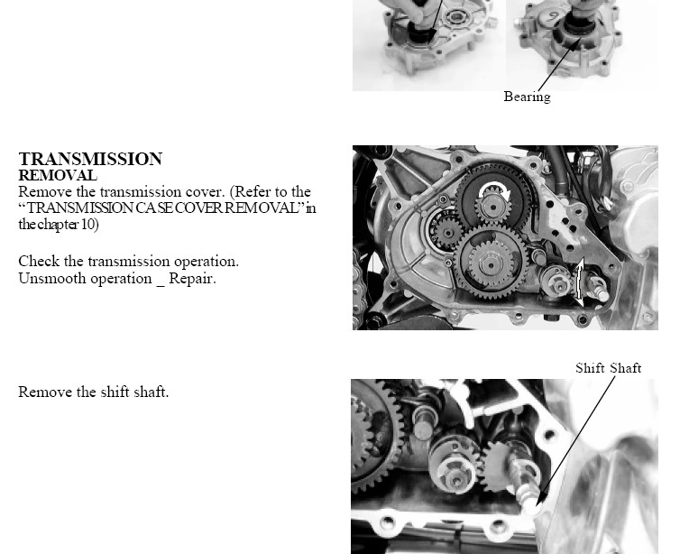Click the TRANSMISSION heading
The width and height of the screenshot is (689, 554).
90,159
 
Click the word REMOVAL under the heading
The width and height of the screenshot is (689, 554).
58,175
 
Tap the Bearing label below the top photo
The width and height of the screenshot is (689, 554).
527,97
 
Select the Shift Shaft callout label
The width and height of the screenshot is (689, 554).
608,367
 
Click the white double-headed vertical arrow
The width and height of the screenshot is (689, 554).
580,282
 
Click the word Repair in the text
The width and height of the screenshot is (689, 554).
192,279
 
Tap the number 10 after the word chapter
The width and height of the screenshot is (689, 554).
88,225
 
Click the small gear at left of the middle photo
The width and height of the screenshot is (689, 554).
447,232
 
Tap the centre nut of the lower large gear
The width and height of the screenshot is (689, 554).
490,263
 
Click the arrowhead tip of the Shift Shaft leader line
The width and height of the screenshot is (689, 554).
537,503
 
